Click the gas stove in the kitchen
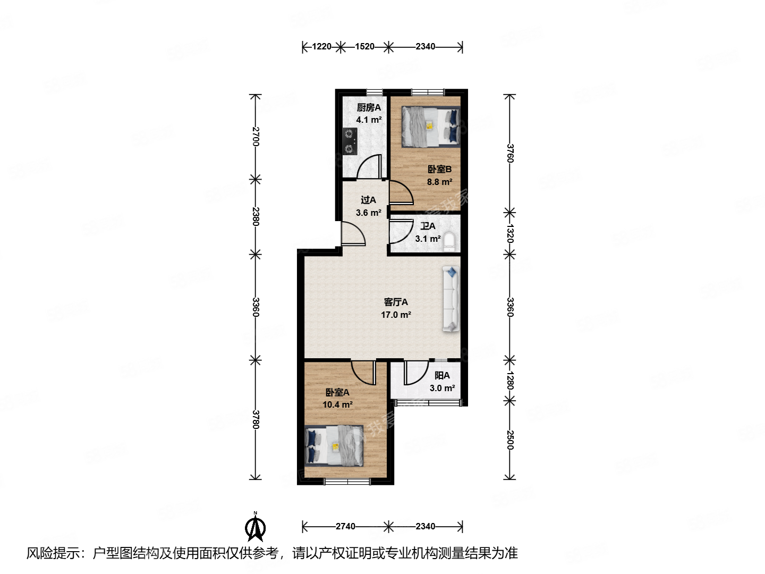click(x=349, y=141)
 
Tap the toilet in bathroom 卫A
click(x=450, y=241)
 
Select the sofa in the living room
click(x=450, y=299)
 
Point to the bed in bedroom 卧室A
click(x=335, y=445)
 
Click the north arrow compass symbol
click(x=256, y=527)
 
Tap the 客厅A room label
click(x=396, y=302)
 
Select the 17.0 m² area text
click(x=396, y=315)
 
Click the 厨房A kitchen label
click(x=369, y=107)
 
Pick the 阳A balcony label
click(x=442, y=375)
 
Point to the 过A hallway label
click(x=368, y=200)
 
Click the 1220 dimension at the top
click(x=321, y=47)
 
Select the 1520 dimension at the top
click(x=364, y=47)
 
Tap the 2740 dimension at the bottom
click(x=345, y=526)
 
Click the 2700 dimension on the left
click(x=256, y=137)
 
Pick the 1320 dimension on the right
click(x=510, y=233)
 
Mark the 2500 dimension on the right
click(x=510, y=440)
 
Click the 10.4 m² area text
click(x=337, y=404)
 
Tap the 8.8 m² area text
click(x=440, y=182)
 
